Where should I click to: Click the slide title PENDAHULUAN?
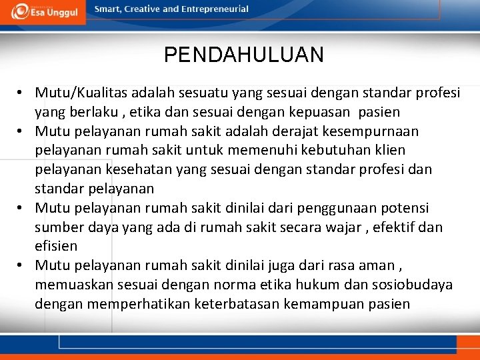[x=243, y=55]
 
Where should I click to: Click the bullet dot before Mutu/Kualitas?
[x=21, y=93]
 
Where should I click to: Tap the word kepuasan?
[x=321, y=112]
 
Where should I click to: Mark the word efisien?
[x=56, y=246]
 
